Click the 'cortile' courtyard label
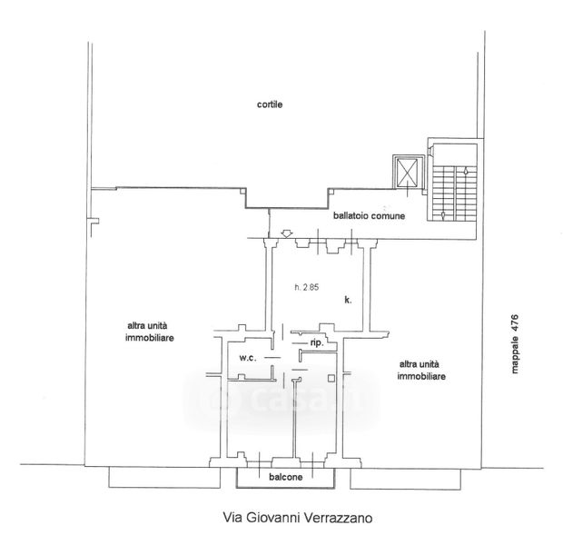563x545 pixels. tap(270, 104)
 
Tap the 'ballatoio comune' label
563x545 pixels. tap(369, 216)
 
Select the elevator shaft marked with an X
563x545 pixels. tap(408, 172)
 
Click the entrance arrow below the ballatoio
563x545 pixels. tap(286, 233)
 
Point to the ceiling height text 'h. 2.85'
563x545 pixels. tap(307, 287)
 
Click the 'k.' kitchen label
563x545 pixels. tap(348, 300)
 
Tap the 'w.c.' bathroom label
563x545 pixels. tap(248, 358)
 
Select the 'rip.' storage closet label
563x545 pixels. tap(317, 343)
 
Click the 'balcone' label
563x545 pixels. tap(286, 477)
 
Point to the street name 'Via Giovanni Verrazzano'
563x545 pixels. tap(298, 518)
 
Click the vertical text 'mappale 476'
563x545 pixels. tap(515, 344)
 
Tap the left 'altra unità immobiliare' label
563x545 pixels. tap(149, 332)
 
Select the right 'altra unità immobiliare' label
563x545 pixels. tap(421, 370)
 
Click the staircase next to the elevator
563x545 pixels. tap(455, 193)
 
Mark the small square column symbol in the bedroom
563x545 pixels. tap(331, 378)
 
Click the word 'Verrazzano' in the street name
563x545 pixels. tap(338, 518)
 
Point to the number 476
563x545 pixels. tap(515, 321)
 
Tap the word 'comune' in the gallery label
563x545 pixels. tap(388, 216)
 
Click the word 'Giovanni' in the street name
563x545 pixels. tap(273, 518)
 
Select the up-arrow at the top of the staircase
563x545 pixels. tap(466, 171)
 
